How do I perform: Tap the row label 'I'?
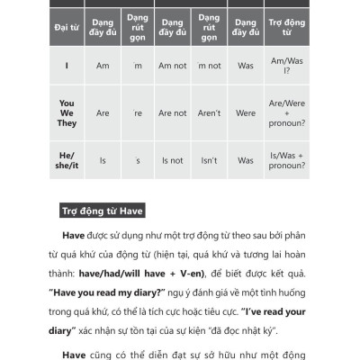click(x=67, y=66)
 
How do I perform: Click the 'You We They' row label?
click(x=67, y=113)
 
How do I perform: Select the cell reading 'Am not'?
click(x=172, y=66)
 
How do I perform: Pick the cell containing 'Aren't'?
click(x=210, y=113)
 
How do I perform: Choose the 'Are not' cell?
click(x=172, y=113)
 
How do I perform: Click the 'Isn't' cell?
click(x=210, y=160)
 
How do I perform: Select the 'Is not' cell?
click(x=172, y=160)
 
